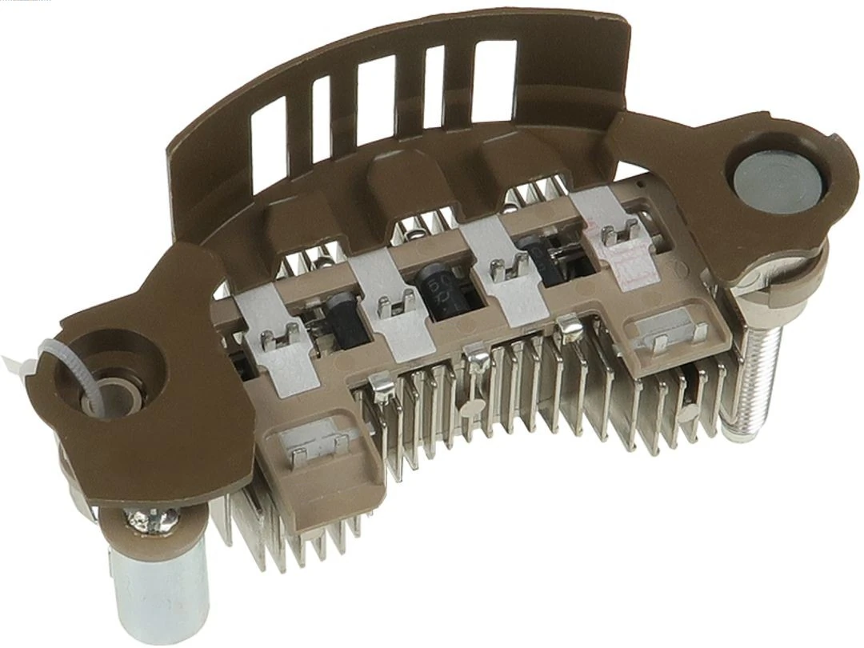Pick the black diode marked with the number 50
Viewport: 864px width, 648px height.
[x=438, y=291]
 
